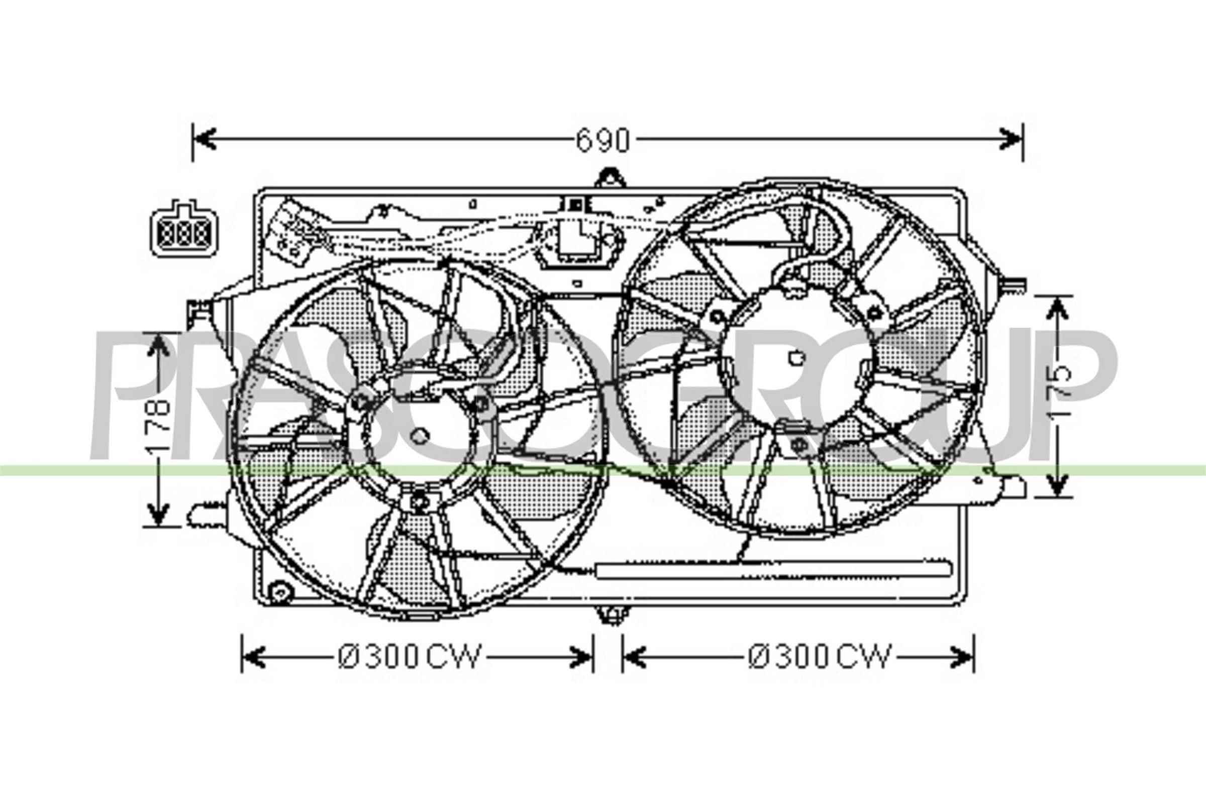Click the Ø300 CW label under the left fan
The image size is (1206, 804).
(410, 657)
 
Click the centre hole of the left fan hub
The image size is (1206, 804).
(420, 436)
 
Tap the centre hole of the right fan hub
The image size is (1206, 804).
(797, 358)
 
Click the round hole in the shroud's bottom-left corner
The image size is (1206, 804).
(280, 593)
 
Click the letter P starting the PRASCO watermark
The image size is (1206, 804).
(131, 395)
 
